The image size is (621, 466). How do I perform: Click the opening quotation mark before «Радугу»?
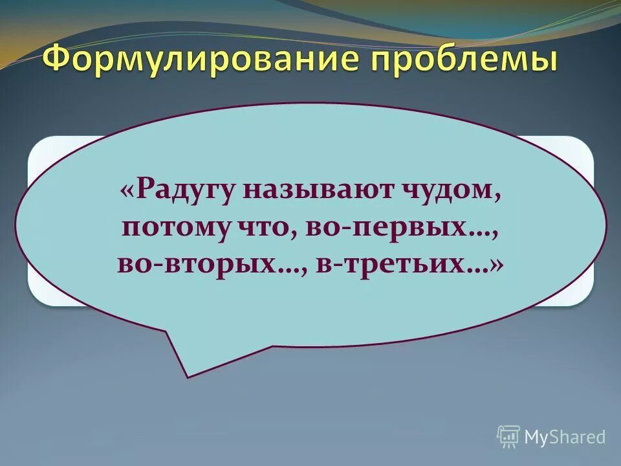(x=127, y=193)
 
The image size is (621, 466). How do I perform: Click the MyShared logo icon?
(x=508, y=437)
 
